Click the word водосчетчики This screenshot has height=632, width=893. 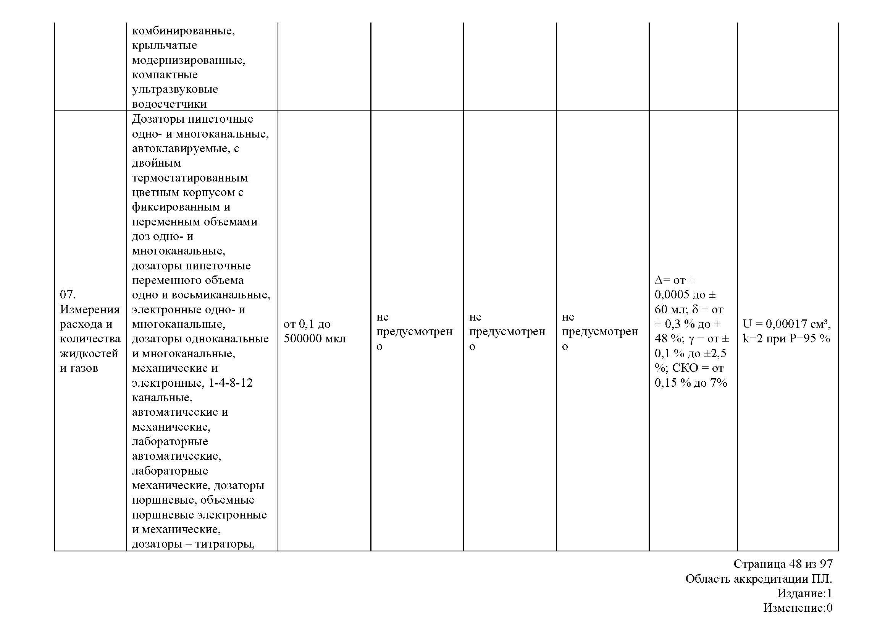[x=169, y=104]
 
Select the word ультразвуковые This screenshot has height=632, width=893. [x=174, y=89]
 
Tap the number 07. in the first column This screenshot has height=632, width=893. [x=68, y=295]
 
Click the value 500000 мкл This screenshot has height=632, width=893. [x=314, y=339]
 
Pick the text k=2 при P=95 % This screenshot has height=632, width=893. [x=786, y=339]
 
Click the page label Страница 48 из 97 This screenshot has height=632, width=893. [x=783, y=564]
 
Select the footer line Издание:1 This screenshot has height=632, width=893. [x=805, y=593]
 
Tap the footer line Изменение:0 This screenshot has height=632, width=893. [x=798, y=608]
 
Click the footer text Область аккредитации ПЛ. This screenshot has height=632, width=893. [x=759, y=579]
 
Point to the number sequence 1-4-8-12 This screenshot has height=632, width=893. [x=231, y=383]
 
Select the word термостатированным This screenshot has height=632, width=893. [x=190, y=178]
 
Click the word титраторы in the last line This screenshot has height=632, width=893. [x=224, y=544]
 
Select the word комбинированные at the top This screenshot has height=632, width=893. [x=183, y=31]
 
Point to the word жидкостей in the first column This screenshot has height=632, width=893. [x=89, y=353]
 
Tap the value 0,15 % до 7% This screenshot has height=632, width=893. [x=691, y=383]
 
